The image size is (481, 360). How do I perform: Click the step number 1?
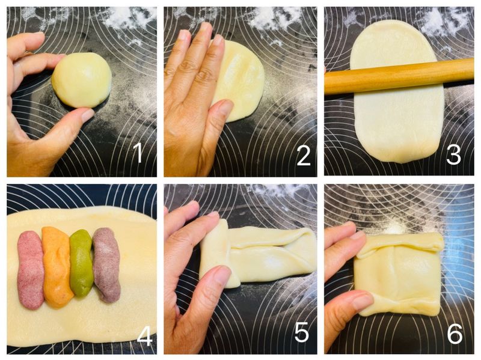point(138,153)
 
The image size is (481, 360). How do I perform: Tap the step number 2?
point(304,154)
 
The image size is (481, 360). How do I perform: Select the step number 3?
point(454,154)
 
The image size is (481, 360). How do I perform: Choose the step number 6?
point(455,334)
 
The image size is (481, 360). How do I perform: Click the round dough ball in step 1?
point(82,80)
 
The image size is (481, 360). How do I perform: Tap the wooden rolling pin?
point(399,76)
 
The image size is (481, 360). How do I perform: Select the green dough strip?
point(81,263)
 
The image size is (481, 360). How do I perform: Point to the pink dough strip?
point(31,270)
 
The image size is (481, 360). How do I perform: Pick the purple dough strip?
point(106,264)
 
